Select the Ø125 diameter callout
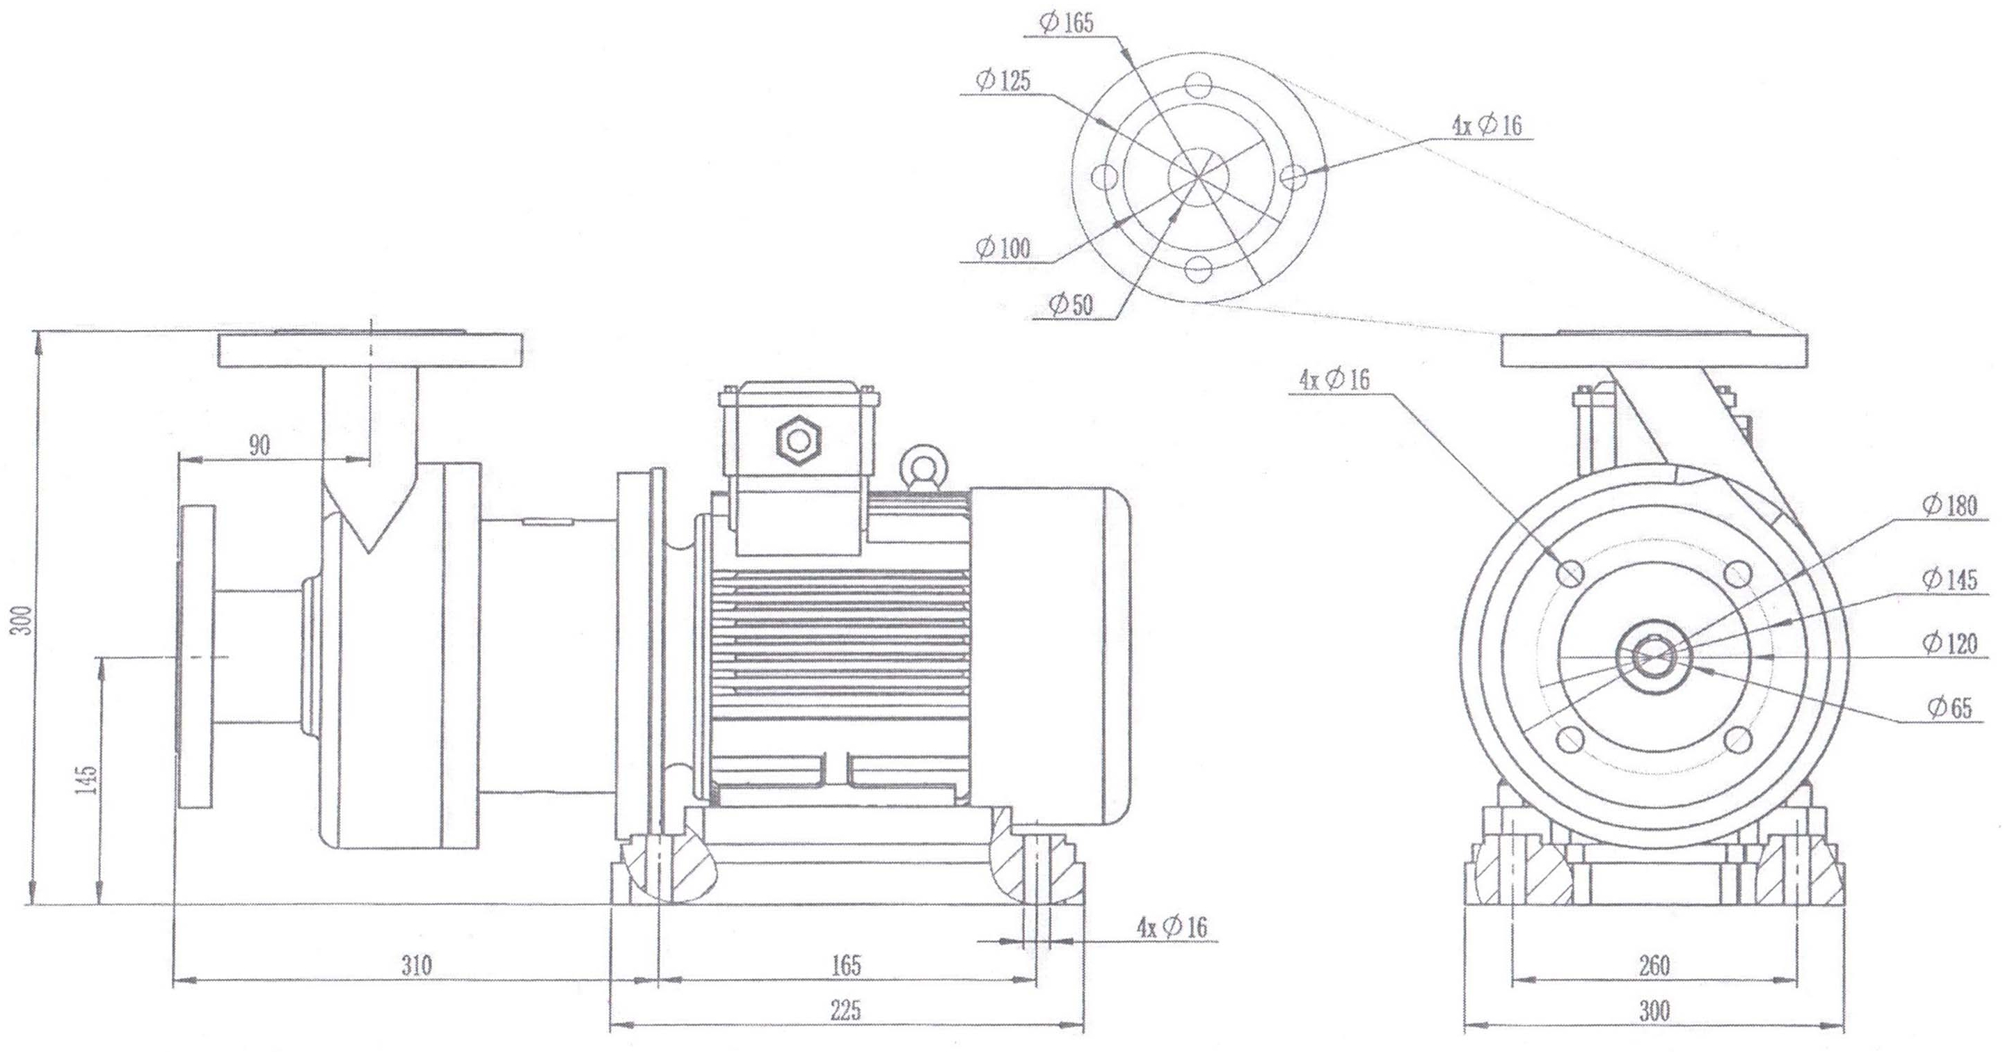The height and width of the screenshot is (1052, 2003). tap(1003, 80)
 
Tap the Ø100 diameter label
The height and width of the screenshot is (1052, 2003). tap(1003, 249)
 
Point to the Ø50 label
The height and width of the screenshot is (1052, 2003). tap(1071, 305)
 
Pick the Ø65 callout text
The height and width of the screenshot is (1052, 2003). tap(1950, 708)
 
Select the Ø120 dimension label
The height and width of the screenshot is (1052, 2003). tap(1950, 643)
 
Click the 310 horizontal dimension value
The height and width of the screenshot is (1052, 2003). tap(416, 966)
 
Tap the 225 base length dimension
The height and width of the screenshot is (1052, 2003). tap(846, 1011)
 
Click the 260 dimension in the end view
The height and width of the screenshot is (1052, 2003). tap(1654, 966)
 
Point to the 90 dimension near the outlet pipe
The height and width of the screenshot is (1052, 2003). tap(259, 445)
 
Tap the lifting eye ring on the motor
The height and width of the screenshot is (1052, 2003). tap(924, 465)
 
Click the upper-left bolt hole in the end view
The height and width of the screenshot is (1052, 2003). tap(1571, 574)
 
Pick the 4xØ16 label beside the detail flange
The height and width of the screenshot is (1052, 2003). tap(1487, 125)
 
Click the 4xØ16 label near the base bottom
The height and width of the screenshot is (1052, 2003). tap(1172, 926)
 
